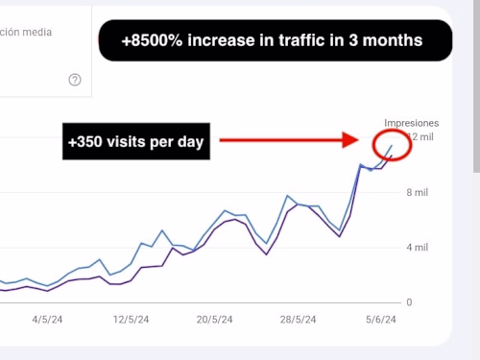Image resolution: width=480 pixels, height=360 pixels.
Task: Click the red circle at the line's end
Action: (392, 143)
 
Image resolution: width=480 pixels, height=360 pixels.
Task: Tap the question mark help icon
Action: (75, 80)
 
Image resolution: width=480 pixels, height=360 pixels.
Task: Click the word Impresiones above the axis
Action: (411, 123)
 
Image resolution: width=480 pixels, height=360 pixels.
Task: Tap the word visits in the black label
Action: (121, 142)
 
